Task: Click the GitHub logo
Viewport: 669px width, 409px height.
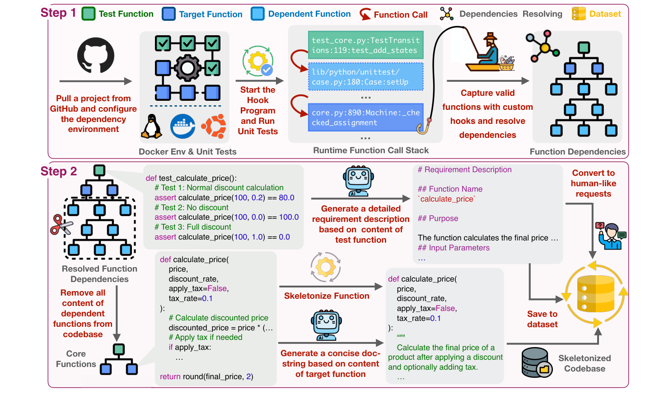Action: click(95, 55)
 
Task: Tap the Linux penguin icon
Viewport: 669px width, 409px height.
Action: click(151, 127)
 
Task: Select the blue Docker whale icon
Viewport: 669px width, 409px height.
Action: click(182, 126)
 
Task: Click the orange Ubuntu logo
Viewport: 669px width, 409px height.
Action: click(213, 126)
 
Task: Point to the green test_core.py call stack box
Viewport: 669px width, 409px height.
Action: click(365, 45)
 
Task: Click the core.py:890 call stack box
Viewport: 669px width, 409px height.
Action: click(365, 118)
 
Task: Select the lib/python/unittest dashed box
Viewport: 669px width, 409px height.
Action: click(365, 77)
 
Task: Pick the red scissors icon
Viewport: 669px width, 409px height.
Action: click(61, 225)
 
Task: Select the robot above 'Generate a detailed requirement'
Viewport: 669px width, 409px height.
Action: click(358, 181)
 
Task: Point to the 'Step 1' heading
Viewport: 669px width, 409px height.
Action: click(58, 13)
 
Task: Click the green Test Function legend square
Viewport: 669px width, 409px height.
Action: click(89, 14)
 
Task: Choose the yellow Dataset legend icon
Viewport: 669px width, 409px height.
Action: click(579, 14)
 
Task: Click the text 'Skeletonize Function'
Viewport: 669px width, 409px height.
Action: click(327, 296)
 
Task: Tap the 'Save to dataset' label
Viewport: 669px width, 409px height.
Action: click(542, 319)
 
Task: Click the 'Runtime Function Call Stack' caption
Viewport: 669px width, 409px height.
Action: click(371, 150)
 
